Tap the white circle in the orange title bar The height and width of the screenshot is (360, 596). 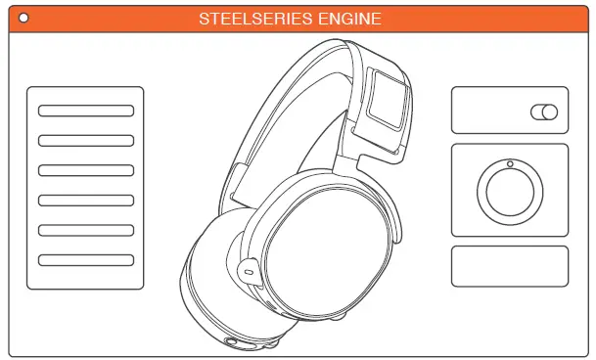click(23, 18)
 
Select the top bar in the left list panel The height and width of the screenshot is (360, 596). click(86, 111)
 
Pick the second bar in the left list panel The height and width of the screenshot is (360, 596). click(86, 140)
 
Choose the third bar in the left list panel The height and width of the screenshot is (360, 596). click(86, 170)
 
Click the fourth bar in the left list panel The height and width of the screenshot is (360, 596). click(86, 201)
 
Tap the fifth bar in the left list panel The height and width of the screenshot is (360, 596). click(86, 230)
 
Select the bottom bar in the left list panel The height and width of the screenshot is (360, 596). click(86, 260)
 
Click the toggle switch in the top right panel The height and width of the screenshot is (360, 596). click(543, 112)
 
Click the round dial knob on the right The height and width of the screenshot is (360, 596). click(509, 190)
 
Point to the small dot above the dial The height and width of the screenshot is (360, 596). click(509, 163)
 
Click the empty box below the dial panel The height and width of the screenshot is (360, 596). click(509, 266)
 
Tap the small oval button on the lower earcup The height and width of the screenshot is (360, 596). click(247, 266)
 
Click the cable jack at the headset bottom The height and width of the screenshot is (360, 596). click(234, 342)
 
